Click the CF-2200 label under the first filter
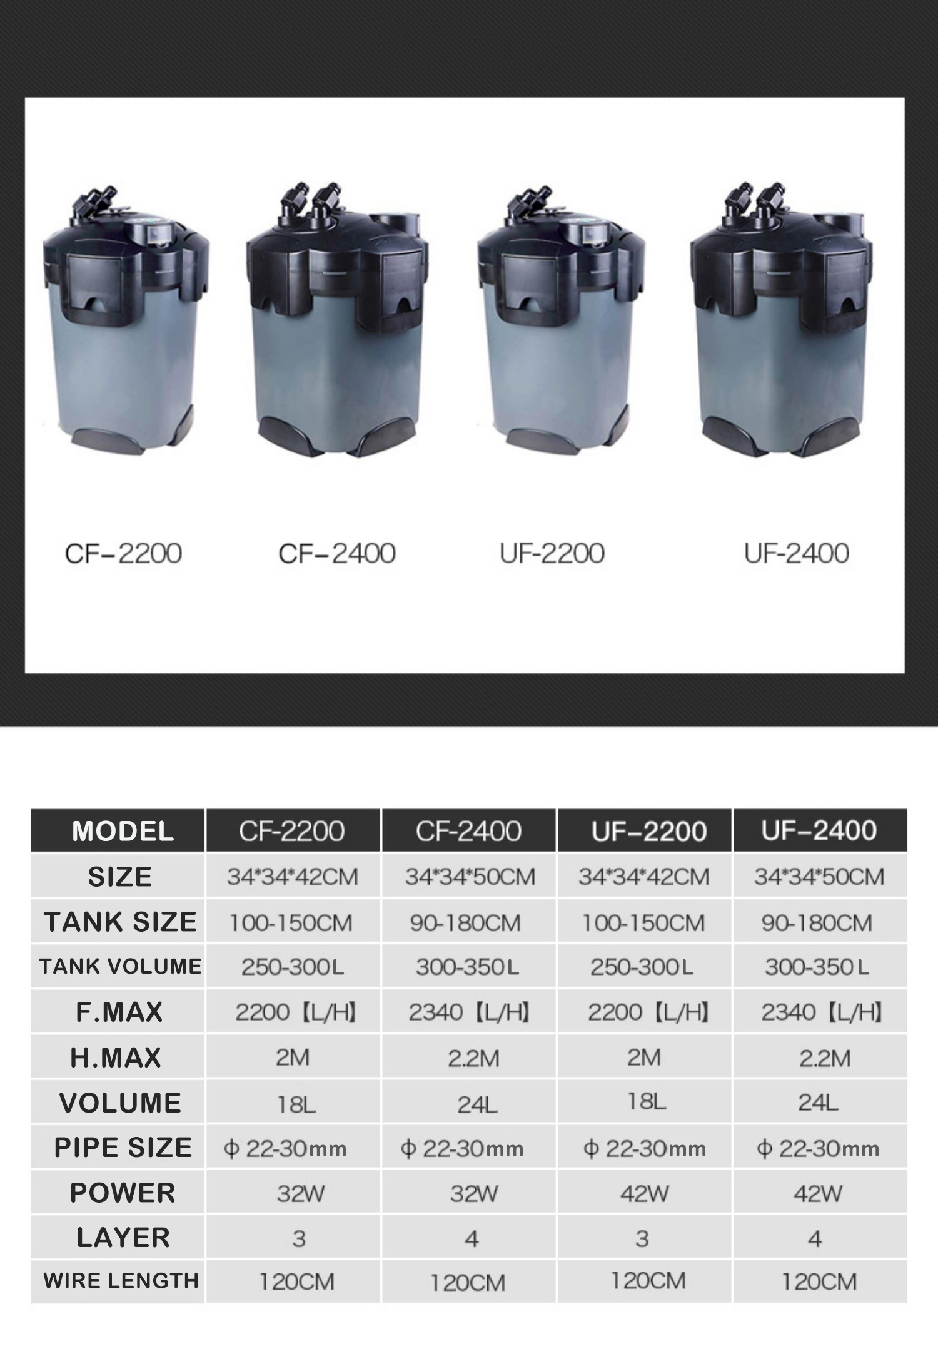[123, 553]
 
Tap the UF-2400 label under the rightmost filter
[796, 553]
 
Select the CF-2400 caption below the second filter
[337, 553]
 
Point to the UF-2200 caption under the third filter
[552, 553]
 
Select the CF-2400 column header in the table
[468, 831]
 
